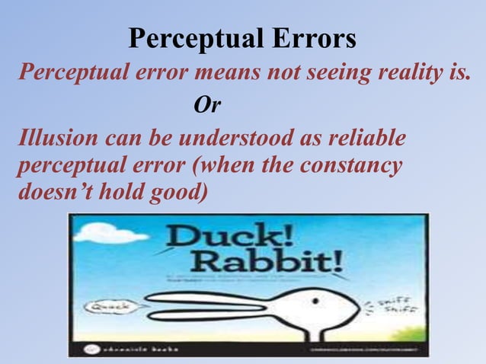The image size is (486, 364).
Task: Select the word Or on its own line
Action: tap(206, 105)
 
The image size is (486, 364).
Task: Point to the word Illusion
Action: tap(57, 139)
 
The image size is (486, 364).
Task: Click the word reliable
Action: tap(364, 139)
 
